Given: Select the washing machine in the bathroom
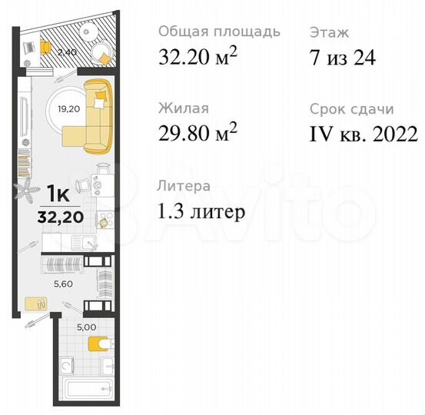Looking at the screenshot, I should [68, 366].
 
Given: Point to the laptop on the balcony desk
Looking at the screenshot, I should [31, 47].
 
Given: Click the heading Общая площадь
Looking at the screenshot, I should [218, 32].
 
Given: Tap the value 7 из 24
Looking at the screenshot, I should [342, 58].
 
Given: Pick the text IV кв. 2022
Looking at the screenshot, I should [363, 135].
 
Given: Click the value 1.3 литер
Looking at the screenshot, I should [202, 211].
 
